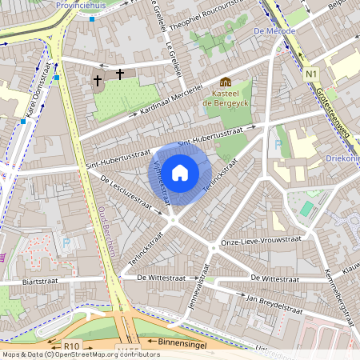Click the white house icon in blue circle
click(180, 172)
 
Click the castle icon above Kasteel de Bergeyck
click(225, 82)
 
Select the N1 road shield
click(311, 75)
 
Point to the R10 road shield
click(72, 346)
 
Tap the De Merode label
click(269, 30)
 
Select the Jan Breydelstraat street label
click(275, 302)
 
